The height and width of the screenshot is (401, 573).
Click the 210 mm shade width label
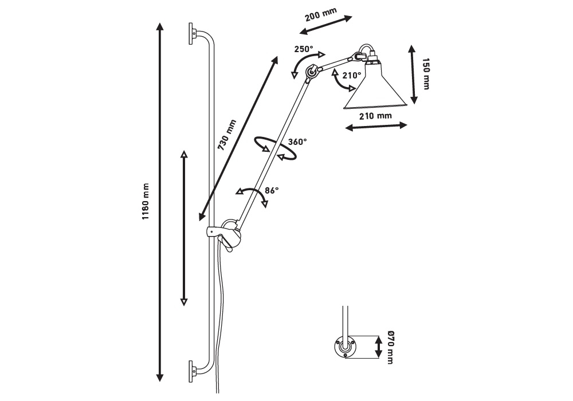tap(375, 116)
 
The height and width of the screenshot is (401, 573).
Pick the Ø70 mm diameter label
tap(390, 347)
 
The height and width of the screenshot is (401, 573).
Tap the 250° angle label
tap(304, 49)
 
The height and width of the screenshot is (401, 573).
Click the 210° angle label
tap(352, 75)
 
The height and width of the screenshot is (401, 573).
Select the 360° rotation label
tap(297, 141)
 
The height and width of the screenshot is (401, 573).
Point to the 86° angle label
tap(272, 190)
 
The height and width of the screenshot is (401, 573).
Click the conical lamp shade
tap(375, 92)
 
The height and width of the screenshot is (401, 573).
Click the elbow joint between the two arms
tap(312, 72)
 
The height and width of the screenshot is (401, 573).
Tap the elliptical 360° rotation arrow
tap(276, 148)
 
